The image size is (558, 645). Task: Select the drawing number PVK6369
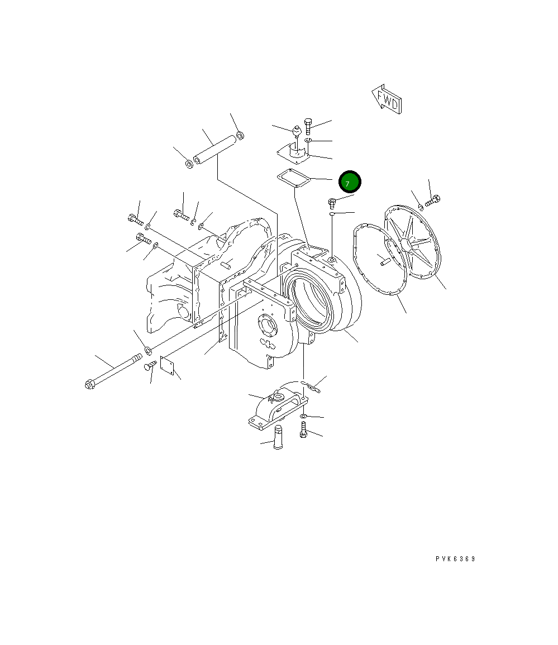(456, 558)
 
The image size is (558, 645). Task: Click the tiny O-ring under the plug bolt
(332, 213)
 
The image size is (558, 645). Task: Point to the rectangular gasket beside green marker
(294, 179)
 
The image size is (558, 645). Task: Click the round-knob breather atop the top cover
(297, 133)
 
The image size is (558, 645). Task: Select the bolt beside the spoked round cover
(433, 201)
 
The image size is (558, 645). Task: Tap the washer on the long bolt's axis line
(149, 351)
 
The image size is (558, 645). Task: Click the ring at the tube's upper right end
(240, 135)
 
